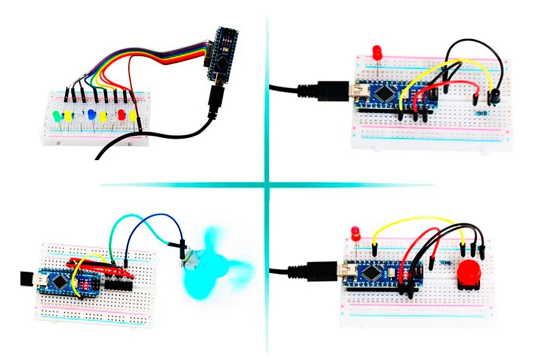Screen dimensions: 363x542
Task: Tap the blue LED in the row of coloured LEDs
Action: pos(92,115)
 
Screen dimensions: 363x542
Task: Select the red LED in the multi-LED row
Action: pos(121,115)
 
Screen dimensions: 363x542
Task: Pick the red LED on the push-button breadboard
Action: pos(355,232)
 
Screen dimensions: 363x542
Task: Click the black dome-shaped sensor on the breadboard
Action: pos(492,96)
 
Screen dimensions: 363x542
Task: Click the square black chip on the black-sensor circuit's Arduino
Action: pos(385,95)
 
